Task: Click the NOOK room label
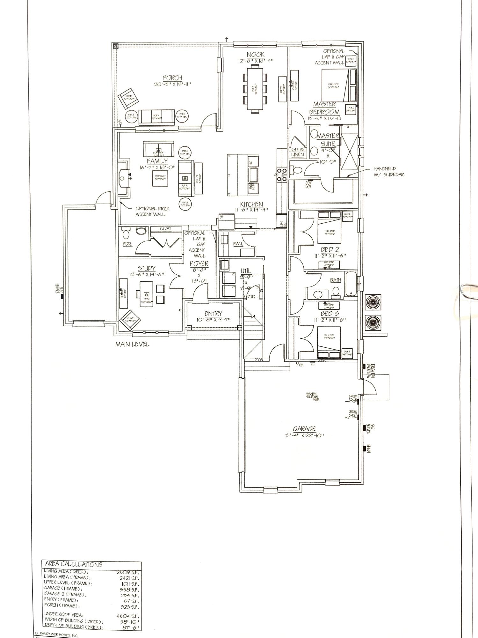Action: pos(256,55)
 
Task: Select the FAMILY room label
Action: pos(157,161)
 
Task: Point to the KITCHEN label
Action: pos(251,204)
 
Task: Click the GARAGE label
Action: pos(305,429)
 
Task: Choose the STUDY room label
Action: pos(147,268)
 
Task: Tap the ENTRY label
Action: pos(213,314)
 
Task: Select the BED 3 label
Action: pos(330,314)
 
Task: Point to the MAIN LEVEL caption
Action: pos(132,345)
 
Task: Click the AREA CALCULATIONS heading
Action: pos(74,565)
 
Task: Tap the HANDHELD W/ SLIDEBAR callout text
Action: pos(389,171)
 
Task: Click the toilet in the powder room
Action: pos(126,234)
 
